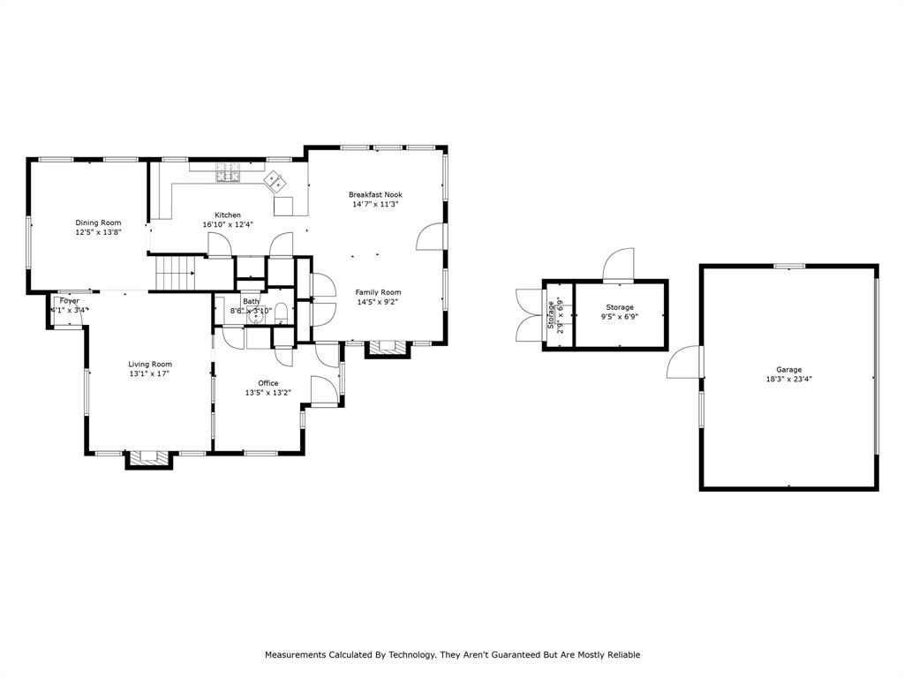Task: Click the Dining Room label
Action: pos(98,223)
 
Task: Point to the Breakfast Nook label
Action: pos(375,194)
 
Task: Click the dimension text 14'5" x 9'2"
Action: pos(378,302)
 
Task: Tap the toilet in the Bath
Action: pos(281,313)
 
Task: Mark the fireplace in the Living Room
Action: pos(148,459)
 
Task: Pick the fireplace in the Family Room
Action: pos(388,348)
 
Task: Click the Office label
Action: pos(267,383)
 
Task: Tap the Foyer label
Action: pos(69,301)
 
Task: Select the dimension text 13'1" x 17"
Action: pos(149,373)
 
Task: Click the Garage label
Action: pos(789,370)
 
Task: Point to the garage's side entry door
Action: pos(685,364)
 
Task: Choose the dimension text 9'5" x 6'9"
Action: pos(620,317)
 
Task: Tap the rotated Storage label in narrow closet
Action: pos(552,313)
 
